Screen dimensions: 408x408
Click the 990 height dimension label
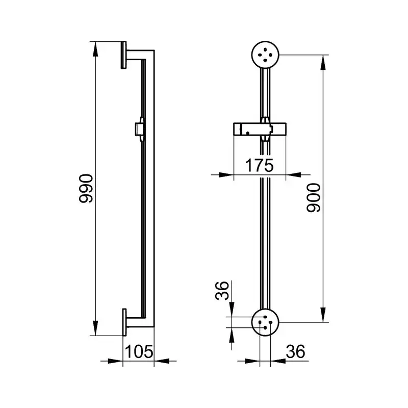click(86, 188)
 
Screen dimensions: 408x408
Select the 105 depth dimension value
click(139, 351)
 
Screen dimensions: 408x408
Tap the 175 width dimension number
click(260, 165)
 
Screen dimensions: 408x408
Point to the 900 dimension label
click(314, 197)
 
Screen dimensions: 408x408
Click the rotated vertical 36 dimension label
click(222, 290)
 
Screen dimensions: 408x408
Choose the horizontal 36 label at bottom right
click(295, 351)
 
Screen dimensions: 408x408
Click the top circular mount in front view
click(265, 55)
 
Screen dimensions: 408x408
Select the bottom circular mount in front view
click(265, 322)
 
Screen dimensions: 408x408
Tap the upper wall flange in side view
click(123, 55)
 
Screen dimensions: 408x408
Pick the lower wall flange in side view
click(124, 322)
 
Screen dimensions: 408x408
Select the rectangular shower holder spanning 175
click(260, 130)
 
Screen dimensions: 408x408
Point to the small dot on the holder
click(248, 133)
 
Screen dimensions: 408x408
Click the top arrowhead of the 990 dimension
click(95, 49)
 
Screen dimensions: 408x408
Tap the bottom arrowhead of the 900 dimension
click(323, 315)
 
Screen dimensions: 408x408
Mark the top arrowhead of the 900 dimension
click(323, 62)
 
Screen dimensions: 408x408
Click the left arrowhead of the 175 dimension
click(226, 175)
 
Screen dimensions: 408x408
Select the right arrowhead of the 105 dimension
click(162, 361)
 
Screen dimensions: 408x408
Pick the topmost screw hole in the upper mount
click(265, 49)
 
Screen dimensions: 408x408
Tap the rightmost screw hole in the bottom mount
click(271, 322)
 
